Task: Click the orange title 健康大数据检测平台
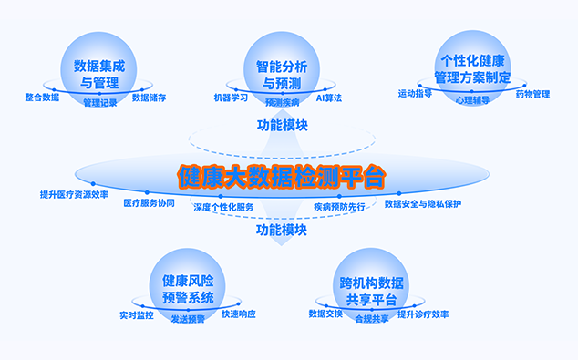pos(282,177)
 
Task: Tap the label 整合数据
pos(42,98)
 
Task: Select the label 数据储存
pos(149,98)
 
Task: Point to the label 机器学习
pos(231,98)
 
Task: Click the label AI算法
pos(329,98)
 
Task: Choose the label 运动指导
pos(415,94)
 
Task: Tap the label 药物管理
pos(532,95)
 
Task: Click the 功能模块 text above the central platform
pos(283,125)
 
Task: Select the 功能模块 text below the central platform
pos(282,231)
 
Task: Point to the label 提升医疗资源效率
pos(74,194)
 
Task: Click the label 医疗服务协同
pos(149,203)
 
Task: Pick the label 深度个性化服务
pos(223,207)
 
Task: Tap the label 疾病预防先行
pos(339,207)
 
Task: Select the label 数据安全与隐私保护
pos(423,204)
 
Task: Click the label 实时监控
pos(137,315)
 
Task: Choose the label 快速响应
pos(239,314)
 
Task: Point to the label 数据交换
pos(325,314)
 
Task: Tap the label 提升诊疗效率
pos(423,314)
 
